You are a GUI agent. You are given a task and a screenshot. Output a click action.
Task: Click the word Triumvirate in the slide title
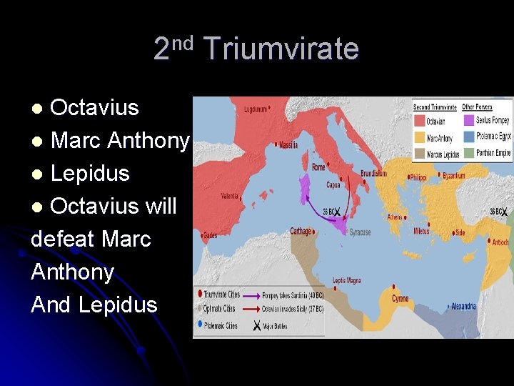[281, 49]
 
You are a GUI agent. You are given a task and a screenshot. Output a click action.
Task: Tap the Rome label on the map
[318, 167]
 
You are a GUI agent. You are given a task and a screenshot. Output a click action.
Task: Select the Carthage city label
[301, 231]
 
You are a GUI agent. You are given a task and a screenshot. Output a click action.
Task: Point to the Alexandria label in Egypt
[463, 307]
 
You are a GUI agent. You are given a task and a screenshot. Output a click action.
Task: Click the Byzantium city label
[453, 175]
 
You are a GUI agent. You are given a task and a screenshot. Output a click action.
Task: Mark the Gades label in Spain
[210, 234]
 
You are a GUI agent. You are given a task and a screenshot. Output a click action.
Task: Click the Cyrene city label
[400, 298]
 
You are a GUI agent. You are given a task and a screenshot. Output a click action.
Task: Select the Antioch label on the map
[500, 242]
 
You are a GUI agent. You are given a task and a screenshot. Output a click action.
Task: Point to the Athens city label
[395, 217]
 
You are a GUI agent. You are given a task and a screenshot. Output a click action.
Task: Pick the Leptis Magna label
[349, 280]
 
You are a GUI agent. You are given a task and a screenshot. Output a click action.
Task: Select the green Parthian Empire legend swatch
[468, 152]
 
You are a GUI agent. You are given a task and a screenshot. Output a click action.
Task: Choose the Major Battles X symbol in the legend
[256, 325]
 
